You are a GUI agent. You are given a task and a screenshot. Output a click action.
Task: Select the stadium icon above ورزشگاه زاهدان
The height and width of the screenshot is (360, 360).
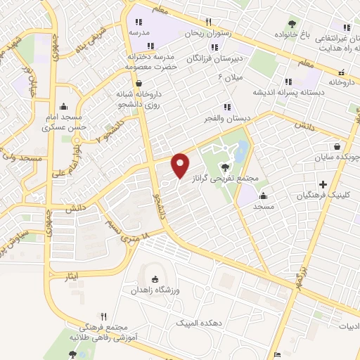(x=155, y=279)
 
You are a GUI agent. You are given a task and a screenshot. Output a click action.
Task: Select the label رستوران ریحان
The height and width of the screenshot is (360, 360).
(x=207, y=33)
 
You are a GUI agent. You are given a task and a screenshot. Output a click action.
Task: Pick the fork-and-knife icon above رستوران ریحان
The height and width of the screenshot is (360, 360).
(x=208, y=22)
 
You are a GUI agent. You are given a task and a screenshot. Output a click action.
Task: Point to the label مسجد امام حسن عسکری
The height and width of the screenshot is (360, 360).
(x=63, y=122)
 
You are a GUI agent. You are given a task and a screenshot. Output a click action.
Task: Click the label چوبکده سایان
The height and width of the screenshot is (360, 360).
(x=340, y=158)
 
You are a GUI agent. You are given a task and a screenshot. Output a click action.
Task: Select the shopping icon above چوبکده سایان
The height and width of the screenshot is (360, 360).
(x=338, y=148)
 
